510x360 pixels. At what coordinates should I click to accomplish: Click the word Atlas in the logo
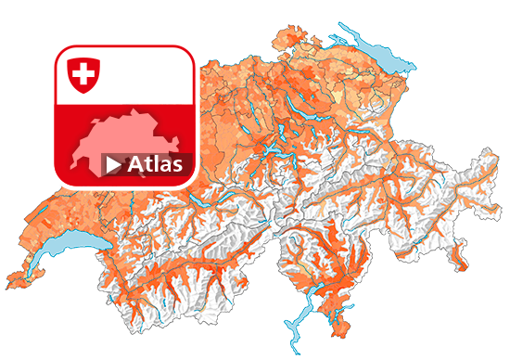point(155,164)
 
